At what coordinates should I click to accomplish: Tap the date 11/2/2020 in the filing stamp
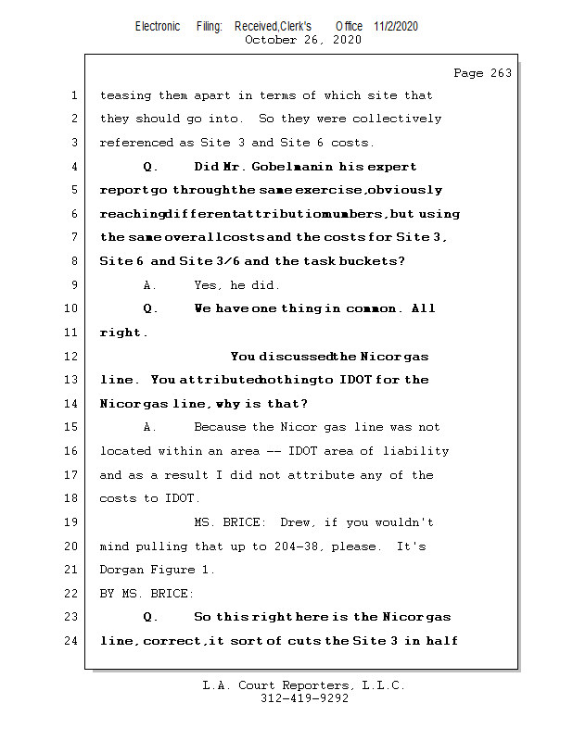(396, 27)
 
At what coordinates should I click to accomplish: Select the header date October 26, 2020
(302, 40)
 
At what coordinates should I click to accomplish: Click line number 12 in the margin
(72, 356)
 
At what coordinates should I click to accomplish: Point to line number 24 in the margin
(72, 641)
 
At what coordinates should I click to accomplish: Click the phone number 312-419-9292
(304, 699)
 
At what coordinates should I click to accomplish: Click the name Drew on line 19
(299, 522)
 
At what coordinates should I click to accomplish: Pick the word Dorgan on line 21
(123, 570)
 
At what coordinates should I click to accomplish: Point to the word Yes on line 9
(209, 285)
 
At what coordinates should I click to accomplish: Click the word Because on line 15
(221, 427)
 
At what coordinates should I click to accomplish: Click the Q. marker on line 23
(151, 617)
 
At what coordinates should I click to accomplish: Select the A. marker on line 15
(149, 427)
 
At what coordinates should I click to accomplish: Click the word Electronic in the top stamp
(158, 27)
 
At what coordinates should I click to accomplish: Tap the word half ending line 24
(442, 641)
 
